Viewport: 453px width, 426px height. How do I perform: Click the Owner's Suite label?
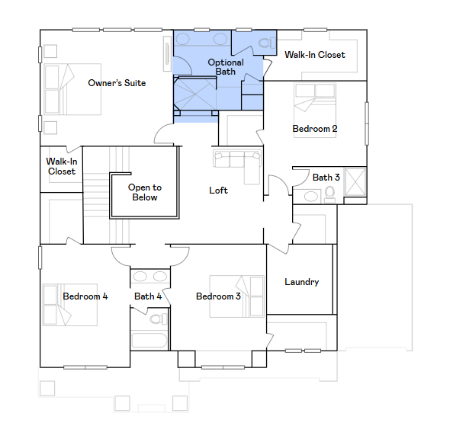click(x=117, y=83)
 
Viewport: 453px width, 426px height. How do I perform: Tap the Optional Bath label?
click(x=226, y=67)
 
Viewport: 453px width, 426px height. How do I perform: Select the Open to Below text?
click(x=145, y=192)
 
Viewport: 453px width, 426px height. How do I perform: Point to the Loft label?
click(x=218, y=191)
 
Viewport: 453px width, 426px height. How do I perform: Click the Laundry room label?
click(x=301, y=282)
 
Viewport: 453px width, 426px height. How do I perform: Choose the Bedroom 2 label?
click(x=315, y=129)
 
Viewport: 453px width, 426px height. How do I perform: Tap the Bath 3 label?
click(x=326, y=178)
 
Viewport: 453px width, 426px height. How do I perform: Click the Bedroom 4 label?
click(x=85, y=296)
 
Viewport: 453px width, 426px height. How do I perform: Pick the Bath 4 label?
click(x=148, y=296)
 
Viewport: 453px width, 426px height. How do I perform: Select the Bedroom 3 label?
click(x=218, y=296)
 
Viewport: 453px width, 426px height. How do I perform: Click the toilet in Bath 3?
click(x=329, y=194)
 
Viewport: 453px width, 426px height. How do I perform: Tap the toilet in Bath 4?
click(x=158, y=319)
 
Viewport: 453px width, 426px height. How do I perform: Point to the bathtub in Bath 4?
click(x=149, y=341)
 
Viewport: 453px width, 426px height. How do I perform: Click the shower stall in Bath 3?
click(x=355, y=182)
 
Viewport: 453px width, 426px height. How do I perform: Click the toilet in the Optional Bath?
click(x=267, y=43)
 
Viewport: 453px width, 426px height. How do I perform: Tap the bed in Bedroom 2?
click(x=315, y=111)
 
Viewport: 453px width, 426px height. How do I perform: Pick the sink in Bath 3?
click(x=311, y=197)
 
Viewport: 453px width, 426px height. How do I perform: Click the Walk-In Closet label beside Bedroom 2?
click(x=315, y=55)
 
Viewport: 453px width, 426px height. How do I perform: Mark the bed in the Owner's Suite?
click(x=72, y=89)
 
